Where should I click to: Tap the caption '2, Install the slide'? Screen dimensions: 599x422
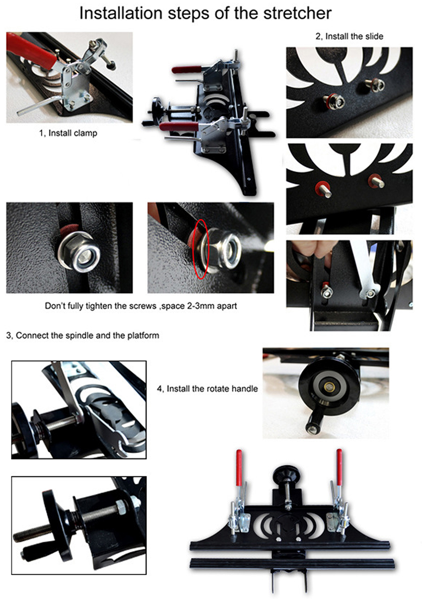(350, 36)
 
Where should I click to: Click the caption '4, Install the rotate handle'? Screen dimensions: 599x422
(207, 389)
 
